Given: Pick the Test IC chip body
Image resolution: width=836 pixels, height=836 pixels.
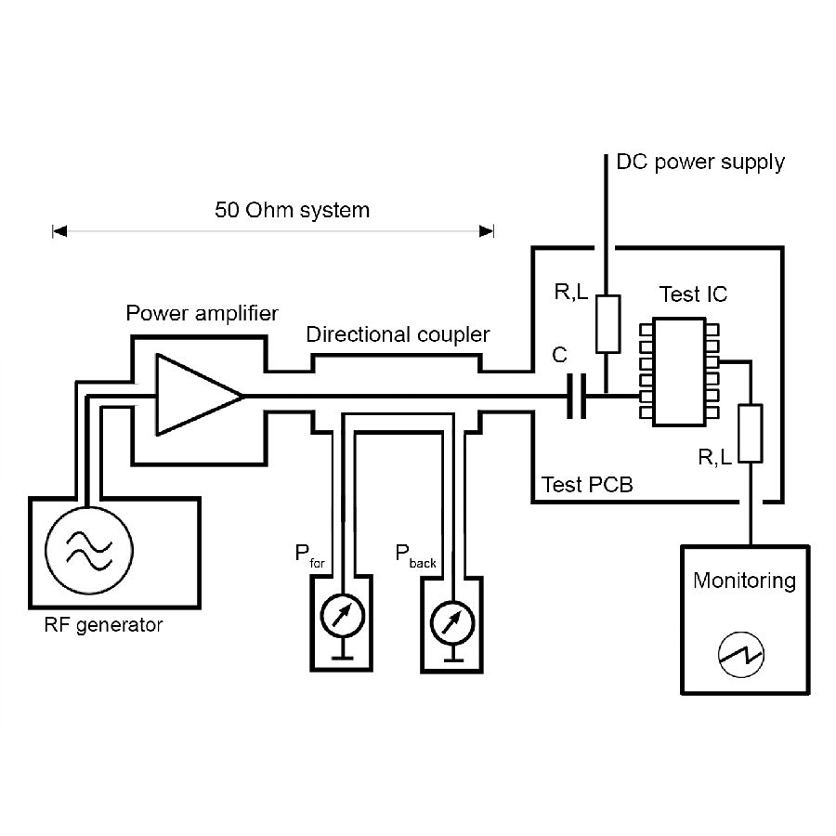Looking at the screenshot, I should [678, 372].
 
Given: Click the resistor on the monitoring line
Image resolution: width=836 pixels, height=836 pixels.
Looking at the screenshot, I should [751, 434].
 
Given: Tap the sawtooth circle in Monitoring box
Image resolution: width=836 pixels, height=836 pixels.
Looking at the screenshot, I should [741, 657].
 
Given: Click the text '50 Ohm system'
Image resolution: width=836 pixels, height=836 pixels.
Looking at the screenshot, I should [292, 210].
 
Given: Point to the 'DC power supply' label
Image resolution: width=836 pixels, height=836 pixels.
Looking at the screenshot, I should [700, 163].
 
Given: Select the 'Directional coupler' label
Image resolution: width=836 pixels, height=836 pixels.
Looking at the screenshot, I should [398, 333].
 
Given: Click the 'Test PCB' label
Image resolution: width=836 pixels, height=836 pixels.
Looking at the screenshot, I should [587, 485].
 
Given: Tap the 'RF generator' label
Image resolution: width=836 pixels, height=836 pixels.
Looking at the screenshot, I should [103, 625].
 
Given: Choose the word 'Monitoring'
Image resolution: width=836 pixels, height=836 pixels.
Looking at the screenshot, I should [744, 581].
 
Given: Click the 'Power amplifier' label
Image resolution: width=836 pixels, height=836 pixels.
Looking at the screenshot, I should [202, 313].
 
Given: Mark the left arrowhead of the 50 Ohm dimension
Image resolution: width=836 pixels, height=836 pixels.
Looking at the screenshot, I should [59, 230].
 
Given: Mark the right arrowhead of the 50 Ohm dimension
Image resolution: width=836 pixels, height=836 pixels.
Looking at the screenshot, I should [487, 230].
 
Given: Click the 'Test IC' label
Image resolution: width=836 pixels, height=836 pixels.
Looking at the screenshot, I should [693, 294].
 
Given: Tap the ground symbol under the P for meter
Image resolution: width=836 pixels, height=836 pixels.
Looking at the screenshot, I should [342, 654].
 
